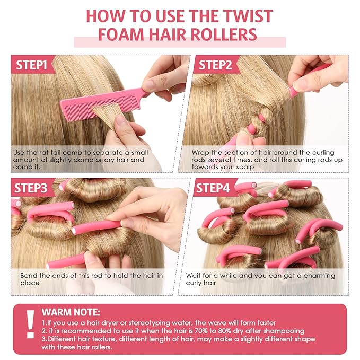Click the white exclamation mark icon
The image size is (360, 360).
(30, 324)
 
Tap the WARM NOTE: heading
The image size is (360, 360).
(71, 312)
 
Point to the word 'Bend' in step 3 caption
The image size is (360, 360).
(29, 276)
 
